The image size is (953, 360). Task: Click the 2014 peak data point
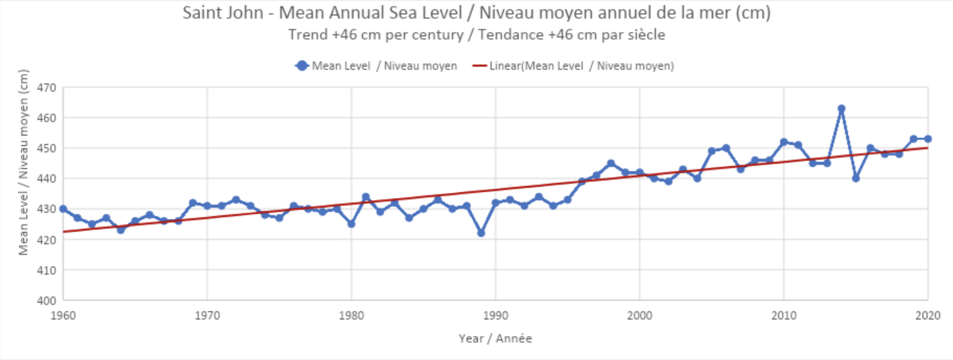pos(841,109)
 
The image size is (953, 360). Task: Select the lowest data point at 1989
pos(481,233)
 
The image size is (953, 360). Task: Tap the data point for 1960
pos(63,209)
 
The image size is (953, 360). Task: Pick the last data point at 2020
pos(928,139)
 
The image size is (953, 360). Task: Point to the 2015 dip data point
pos(856,179)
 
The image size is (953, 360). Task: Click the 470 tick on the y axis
pos(47,88)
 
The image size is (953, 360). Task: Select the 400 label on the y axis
pos(47,301)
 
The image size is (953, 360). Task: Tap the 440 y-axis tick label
pos(47,179)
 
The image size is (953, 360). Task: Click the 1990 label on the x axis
pos(496,316)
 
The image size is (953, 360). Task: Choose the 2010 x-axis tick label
pos(784,316)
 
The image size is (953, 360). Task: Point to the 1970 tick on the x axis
pos(207,316)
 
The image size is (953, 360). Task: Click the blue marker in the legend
pos(302,66)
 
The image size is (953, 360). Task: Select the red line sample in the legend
pos(480,66)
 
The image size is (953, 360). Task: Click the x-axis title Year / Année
pos(495,339)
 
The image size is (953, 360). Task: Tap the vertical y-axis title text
pos(24,162)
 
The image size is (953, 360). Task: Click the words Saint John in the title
pos(223,13)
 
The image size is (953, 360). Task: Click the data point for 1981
pos(366,197)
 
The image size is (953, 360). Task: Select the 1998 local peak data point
pos(611,163)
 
